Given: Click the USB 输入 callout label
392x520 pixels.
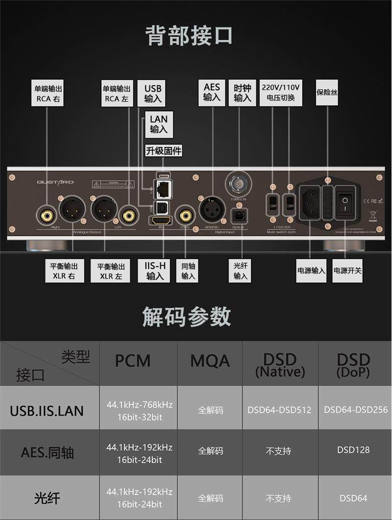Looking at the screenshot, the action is point(152,94).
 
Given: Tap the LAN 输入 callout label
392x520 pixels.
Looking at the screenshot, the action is point(158,124).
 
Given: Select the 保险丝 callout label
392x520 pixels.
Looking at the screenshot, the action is point(327,92).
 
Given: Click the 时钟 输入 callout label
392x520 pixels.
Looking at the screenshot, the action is point(242,93).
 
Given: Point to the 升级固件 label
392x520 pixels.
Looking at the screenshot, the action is point(164,151).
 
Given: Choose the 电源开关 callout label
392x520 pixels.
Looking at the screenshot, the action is point(347,270).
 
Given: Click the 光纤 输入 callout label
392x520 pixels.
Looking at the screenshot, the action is point(240,270).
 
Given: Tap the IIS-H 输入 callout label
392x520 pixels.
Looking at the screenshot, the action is point(155,271).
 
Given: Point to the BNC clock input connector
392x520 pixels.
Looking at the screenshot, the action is point(239,184).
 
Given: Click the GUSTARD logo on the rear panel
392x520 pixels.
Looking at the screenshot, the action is point(55,182).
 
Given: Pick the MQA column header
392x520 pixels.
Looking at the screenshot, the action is point(210,361).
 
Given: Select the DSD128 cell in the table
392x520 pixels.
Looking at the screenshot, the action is point(353,449).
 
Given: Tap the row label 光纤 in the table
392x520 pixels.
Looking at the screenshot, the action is point(48,498).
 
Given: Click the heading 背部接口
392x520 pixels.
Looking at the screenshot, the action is point(189,36).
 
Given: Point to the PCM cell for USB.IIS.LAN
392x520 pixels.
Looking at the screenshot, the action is point(139,411).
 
